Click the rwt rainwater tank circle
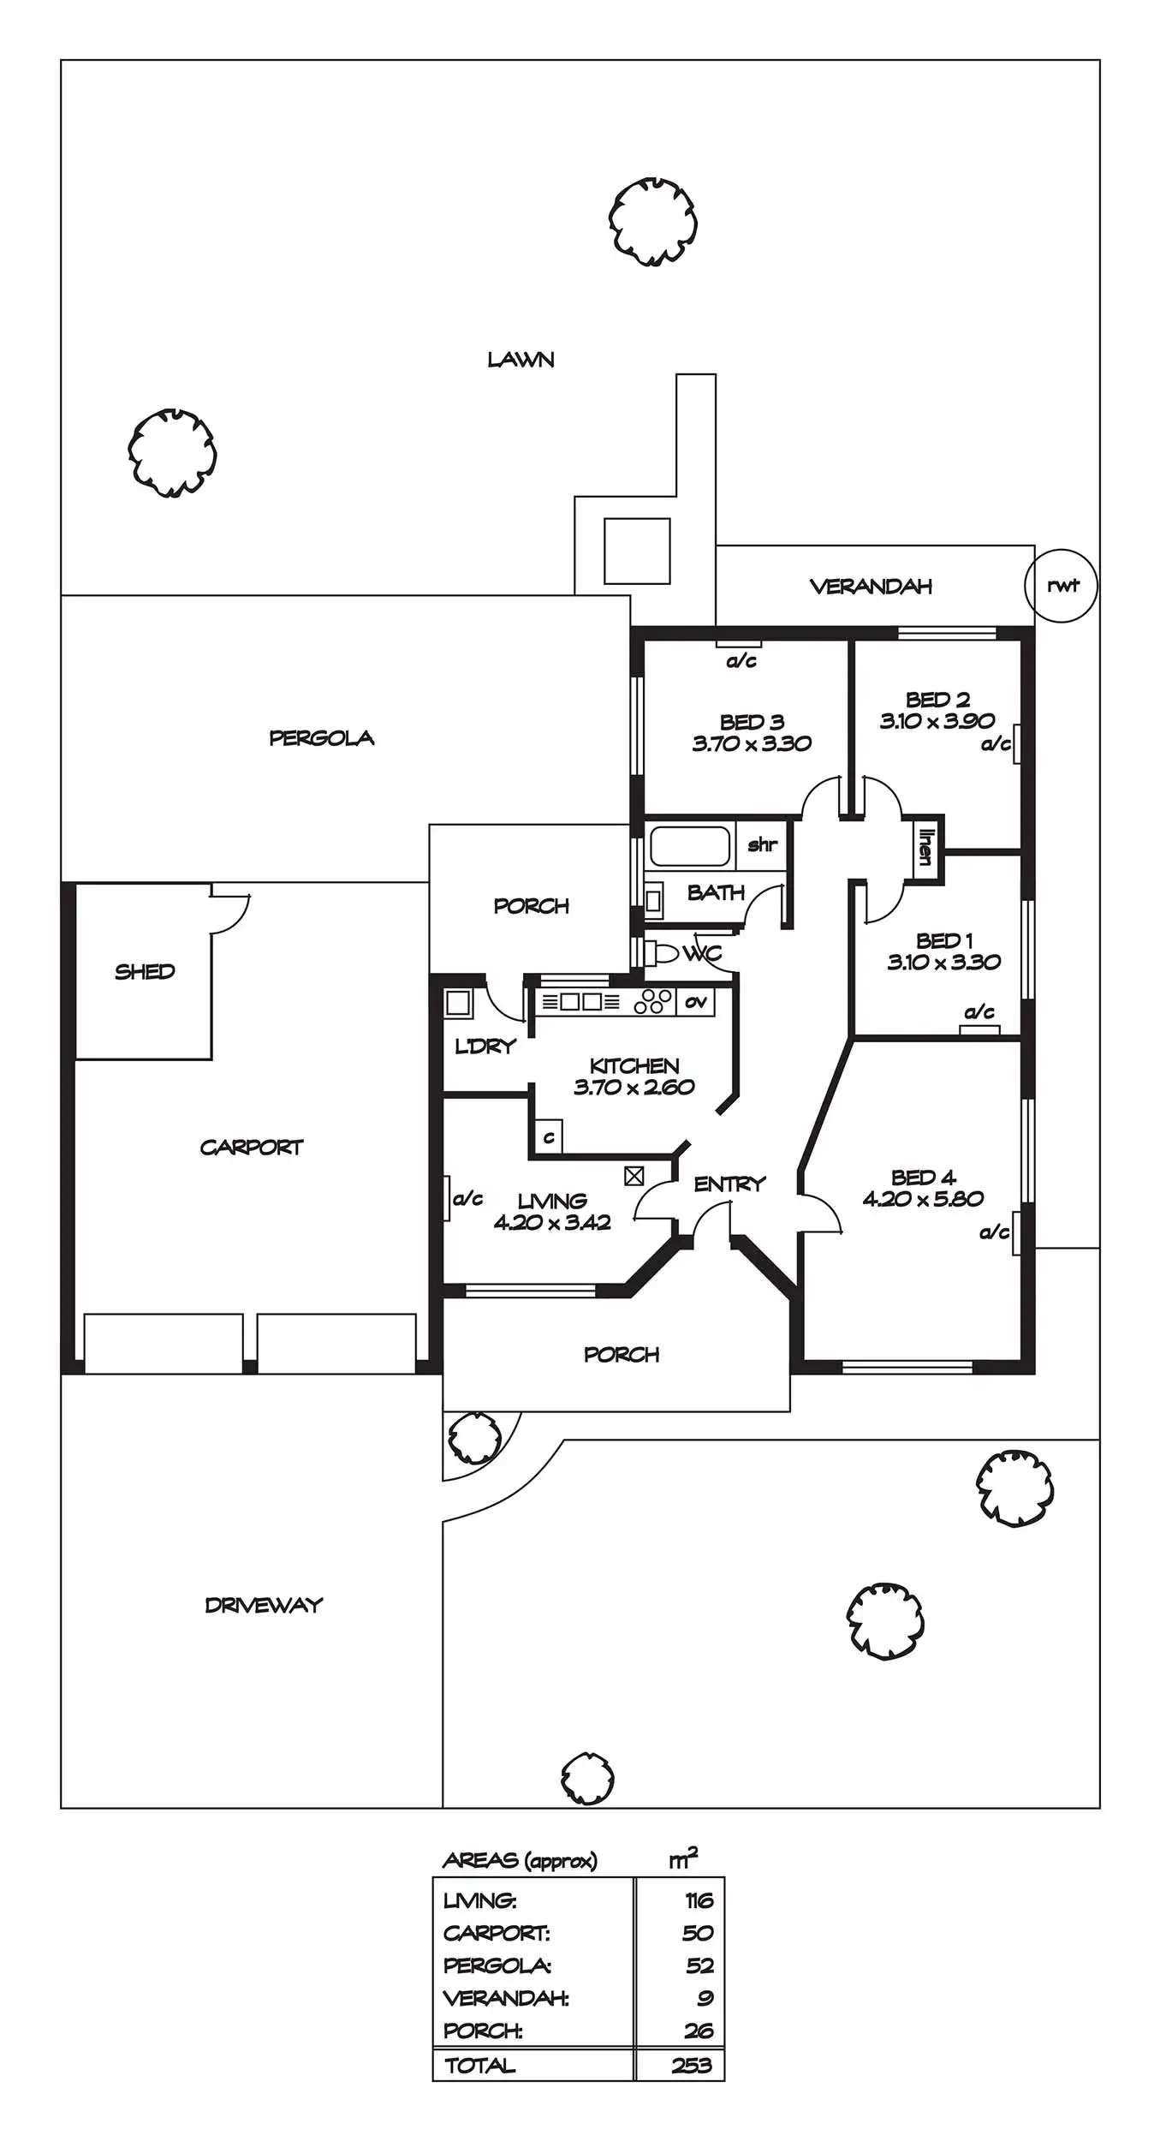click(1061, 586)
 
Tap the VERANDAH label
click(871, 587)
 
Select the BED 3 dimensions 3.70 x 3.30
click(752, 743)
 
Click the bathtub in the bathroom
click(690, 846)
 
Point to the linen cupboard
click(925, 847)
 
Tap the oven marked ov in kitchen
click(695, 1001)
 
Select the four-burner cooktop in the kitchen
click(654, 1001)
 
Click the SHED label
click(145, 971)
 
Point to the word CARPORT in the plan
click(252, 1147)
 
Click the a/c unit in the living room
click(448, 1198)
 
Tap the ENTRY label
click(729, 1184)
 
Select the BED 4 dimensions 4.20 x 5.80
click(923, 1198)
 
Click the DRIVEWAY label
click(264, 1605)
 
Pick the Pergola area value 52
click(699, 1965)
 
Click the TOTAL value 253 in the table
click(692, 2065)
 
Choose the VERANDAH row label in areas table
click(505, 1998)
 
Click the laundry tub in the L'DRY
click(458, 1003)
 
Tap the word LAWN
click(521, 360)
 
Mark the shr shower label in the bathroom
click(762, 845)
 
